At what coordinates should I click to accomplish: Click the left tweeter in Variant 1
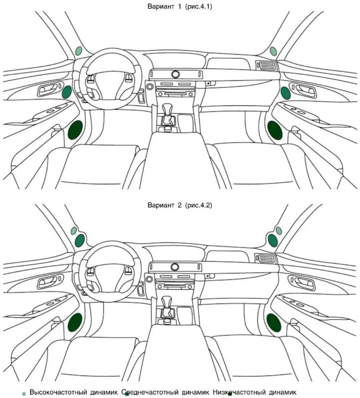point(79,51)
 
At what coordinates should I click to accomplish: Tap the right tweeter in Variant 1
point(273,51)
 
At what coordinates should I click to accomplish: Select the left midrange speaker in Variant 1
point(67,92)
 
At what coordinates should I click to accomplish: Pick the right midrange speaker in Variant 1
point(286,93)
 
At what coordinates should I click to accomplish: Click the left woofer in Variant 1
point(75,130)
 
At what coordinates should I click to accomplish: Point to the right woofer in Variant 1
point(275,130)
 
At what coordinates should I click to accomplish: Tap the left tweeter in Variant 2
point(74,231)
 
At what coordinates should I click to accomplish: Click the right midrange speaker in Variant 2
point(273,240)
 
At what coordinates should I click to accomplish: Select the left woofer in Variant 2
point(75,322)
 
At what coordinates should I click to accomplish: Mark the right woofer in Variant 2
point(274,323)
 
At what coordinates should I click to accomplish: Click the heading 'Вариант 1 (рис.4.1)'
point(180,7)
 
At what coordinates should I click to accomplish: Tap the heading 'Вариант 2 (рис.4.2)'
point(180,205)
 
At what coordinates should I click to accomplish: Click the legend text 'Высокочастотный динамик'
point(74,392)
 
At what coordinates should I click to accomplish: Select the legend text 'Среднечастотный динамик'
point(165,392)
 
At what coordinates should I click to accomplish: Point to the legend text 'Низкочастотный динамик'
point(255,392)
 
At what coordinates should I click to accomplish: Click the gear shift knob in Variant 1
point(167,109)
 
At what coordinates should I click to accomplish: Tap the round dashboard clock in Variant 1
point(175,74)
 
